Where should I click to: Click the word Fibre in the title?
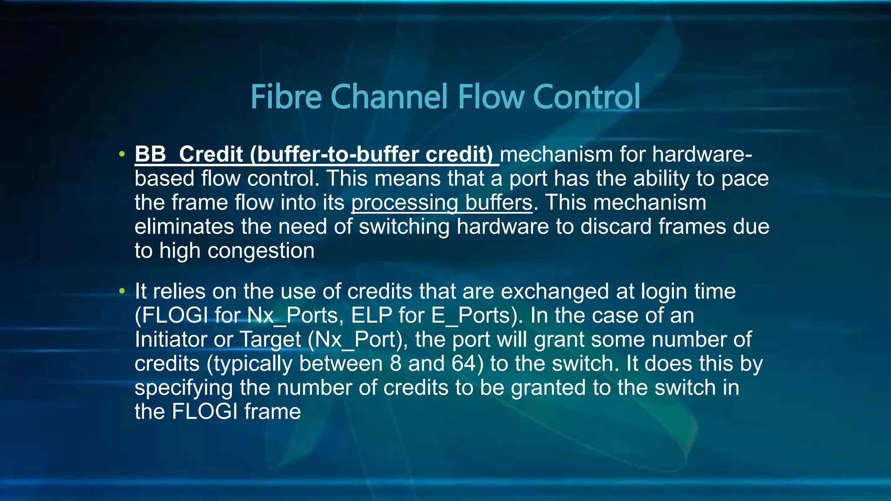point(286,97)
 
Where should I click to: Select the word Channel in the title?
point(389,97)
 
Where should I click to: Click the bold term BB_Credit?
point(189,154)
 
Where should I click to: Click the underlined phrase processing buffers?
point(442,203)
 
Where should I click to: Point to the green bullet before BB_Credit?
point(122,154)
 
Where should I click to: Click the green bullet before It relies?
point(122,291)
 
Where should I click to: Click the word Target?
point(270,339)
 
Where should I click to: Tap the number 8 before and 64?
point(395,364)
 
